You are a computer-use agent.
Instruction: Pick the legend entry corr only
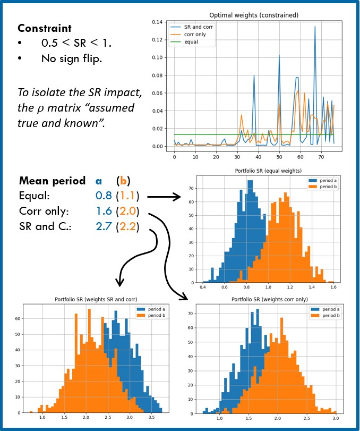coord(194,34)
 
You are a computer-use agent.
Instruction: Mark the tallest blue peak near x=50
coord(279,55)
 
